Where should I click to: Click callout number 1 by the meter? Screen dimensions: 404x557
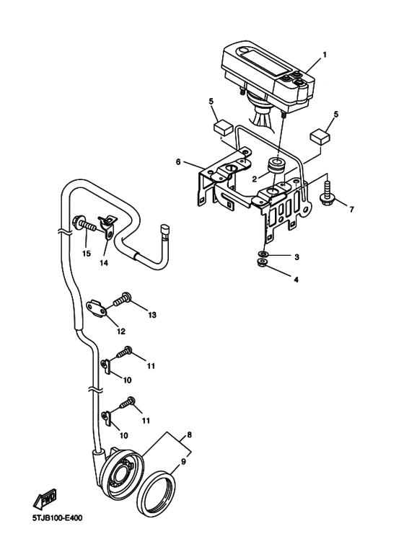click(x=325, y=55)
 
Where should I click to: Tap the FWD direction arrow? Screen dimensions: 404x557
click(x=45, y=499)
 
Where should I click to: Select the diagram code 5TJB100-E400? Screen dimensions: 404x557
click(x=57, y=518)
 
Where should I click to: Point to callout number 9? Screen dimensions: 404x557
click(x=183, y=462)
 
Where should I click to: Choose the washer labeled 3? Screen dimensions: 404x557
click(x=263, y=254)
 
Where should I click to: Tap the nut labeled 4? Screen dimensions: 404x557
click(x=263, y=263)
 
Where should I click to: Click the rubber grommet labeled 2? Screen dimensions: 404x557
click(x=276, y=167)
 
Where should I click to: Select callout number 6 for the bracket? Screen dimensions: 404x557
click(x=178, y=162)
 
